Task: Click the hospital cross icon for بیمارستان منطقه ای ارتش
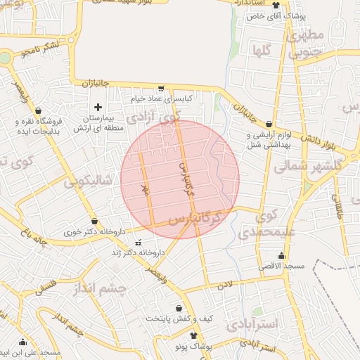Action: coord(98,107)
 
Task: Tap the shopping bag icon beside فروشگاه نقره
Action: coord(37,111)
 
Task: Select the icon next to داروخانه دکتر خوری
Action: coord(94,221)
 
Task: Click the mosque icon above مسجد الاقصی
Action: coord(282,255)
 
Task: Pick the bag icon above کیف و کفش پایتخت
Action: coord(179,308)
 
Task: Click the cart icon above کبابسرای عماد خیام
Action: coord(161,89)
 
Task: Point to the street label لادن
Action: coord(224,285)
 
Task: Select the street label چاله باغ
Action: coord(34,237)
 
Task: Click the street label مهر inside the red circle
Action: coord(146,188)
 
